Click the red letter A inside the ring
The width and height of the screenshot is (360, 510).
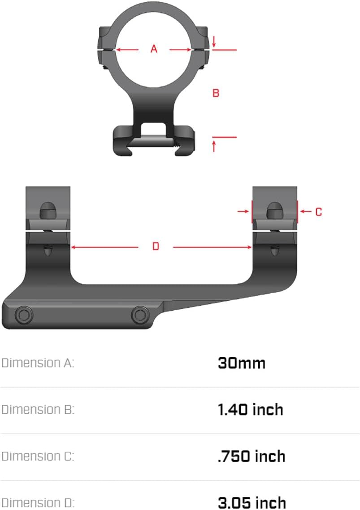(x=154, y=49)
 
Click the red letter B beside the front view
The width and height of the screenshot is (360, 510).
(x=216, y=93)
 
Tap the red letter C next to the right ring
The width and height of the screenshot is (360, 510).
(x=318, y=212)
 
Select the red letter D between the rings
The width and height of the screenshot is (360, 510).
(x=156, y=246)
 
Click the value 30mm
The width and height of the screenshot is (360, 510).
(x=242, y=363)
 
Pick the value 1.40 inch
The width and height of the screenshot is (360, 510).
(x=250, y=409)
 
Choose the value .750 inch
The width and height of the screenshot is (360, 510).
(x=251, y=456)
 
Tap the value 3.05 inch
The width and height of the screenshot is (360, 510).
(x=252, y=502)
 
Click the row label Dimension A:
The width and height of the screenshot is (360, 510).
(x=37, y=363)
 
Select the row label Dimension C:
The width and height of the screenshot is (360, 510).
(x=37, y=456)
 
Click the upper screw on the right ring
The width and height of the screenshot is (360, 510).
(x=274, y=210)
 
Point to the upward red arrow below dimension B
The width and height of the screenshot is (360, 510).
(x=214, y=146)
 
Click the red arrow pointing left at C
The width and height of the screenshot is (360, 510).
(x=306, y=212)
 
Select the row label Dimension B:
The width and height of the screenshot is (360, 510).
(x=37, y=409)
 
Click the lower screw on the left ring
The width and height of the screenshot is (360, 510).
(x=48, y=250)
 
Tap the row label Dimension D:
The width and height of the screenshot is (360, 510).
(x=37, y=502)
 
